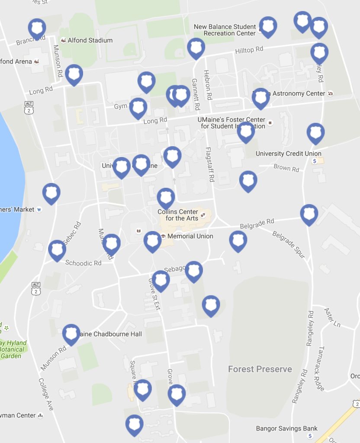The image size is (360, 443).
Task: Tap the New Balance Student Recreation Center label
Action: (x=224, y=30)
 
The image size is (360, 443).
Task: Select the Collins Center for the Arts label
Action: (x=178, y=215)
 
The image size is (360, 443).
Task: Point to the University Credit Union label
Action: (x=288, y=154)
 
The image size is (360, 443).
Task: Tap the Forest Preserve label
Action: (x=260, y=369)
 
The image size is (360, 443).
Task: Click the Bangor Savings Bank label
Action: (x=287, y=428)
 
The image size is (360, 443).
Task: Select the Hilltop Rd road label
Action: (x=249, y=50)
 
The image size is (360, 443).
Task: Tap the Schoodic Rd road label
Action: (x=83, y=263)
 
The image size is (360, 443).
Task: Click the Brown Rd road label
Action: (x=286, y=168)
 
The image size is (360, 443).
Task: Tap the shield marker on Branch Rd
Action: (x=37, y=28)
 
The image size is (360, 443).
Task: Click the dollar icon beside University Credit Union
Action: (x=315, y=161)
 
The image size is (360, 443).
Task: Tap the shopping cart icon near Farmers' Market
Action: (x=39, y=210)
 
